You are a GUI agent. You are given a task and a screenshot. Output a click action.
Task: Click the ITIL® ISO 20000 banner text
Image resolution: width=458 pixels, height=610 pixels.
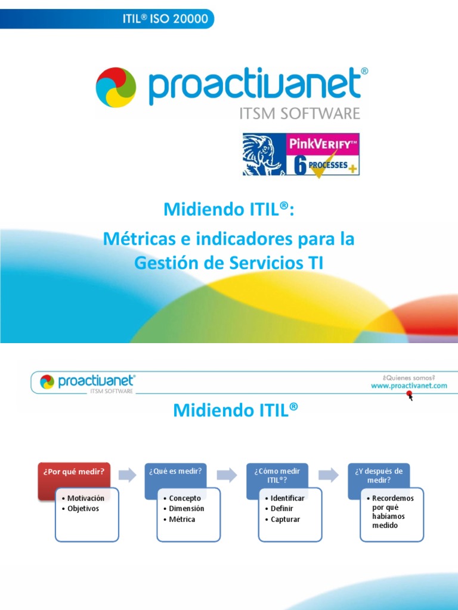point(165,18)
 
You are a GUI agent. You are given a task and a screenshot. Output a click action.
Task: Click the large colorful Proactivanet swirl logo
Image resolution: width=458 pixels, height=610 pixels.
point(116,87)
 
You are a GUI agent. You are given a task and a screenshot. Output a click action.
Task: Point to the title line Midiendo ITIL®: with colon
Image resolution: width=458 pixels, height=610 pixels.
point(229,210)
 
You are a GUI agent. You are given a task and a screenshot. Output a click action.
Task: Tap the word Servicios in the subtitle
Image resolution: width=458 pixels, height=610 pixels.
point(261,262)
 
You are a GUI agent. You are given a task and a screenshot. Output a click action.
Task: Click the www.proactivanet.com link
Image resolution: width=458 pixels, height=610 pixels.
point(409,385)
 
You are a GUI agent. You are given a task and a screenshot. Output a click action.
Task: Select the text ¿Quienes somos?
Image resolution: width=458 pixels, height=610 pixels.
point(409,377)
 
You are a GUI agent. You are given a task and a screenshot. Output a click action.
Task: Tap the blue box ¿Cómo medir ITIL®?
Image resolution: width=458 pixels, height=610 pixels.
point(276,475)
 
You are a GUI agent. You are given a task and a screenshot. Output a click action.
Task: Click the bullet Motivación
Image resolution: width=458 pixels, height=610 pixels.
point(85,498)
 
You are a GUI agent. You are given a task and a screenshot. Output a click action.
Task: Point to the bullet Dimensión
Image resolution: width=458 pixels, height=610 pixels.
point(186,509)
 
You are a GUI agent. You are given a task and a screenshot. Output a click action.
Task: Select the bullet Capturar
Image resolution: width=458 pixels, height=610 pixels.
point(285,519)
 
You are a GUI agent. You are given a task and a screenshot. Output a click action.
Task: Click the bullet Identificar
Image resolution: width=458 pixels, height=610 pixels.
point(287,498)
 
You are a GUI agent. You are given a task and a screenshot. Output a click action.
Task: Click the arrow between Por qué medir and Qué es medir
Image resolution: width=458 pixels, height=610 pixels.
point(126,475)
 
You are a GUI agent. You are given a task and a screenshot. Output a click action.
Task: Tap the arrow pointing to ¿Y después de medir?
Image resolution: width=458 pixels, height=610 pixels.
point(329,475)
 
